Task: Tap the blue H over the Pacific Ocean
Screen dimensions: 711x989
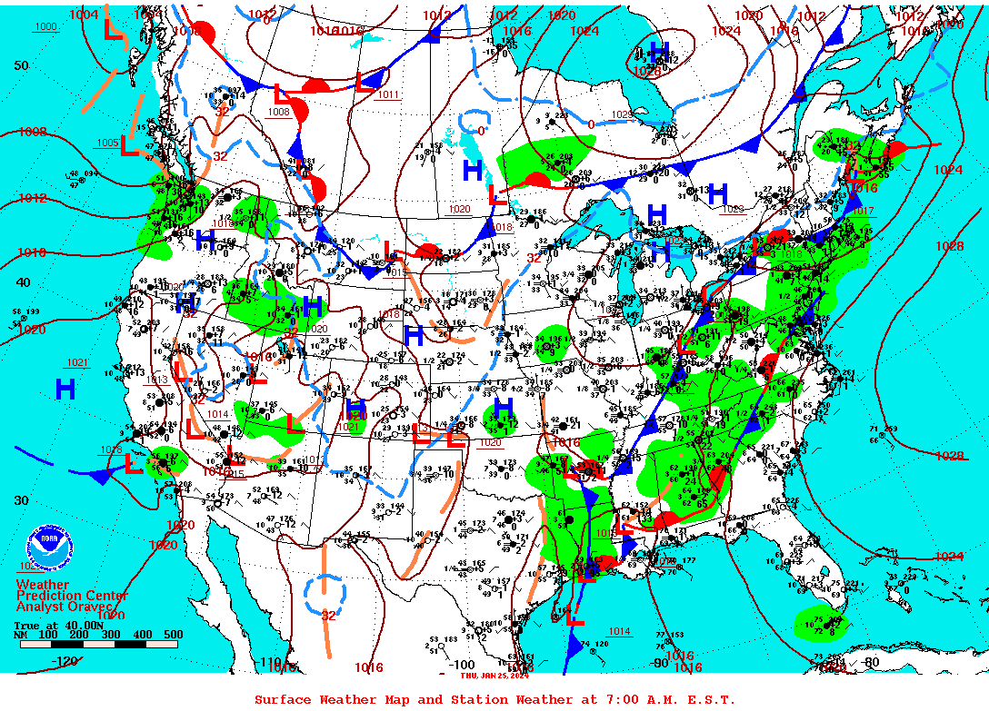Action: [x=65, y=390]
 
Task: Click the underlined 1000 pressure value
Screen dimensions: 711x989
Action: [x=45, y=26]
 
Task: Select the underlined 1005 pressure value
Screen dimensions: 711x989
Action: [x=107, y=143]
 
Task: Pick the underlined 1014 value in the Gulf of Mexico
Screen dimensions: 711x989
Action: [x=619, y=631]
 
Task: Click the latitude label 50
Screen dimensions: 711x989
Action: [x=21, y=65]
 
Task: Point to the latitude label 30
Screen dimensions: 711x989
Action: [x=21, y=500]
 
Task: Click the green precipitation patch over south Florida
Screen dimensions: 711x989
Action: [x=820, y=623]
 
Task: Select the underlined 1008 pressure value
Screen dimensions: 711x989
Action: [x=278, y=112]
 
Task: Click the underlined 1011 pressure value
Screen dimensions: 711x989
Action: [x=388, y=94]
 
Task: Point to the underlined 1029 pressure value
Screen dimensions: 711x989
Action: [x=621, y=114]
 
